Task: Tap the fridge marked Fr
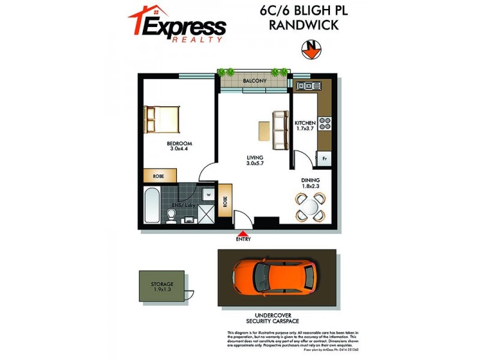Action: (x=324, y=159)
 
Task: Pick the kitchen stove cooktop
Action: (x=325, y=123)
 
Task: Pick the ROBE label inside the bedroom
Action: (x=159, y=176)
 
